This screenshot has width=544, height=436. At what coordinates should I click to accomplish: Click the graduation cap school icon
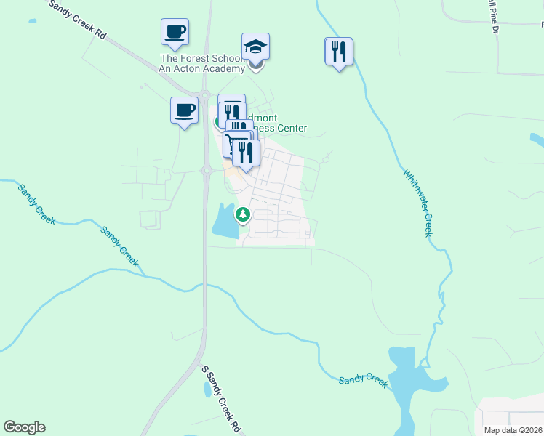pyautogui.click(x=255, y=47)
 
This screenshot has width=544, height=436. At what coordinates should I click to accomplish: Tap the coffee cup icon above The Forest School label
pyautogui.click(x=175, y=33)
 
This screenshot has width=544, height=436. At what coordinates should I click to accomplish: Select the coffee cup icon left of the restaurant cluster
pyautogui.click(x=184, y=111)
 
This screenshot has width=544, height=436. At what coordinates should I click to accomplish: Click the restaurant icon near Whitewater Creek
pyautogui.click(x=339, y=52)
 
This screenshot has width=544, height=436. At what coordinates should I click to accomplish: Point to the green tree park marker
pyautogui.click(x=243, y=215)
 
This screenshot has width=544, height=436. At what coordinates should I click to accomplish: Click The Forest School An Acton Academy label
pyautogui.click(x=202, y=63)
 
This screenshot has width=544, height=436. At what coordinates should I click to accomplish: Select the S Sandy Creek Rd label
pyautogui.click(x=222, y=399)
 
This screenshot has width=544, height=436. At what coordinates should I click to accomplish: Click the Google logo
pyautogui.click(x=24, y=427)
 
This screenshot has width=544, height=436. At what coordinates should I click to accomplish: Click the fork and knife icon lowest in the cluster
pyautogui.click(x=247, y=153)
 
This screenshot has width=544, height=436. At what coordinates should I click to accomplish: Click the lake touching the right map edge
pyautogui.click(x=537, y=139)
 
